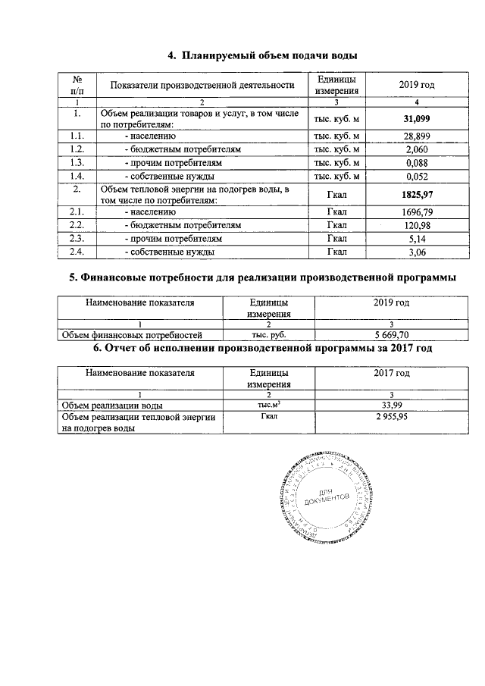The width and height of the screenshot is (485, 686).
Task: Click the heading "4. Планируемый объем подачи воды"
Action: click(x=262, y=55)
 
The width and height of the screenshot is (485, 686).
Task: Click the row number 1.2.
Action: click(x=76, y=149)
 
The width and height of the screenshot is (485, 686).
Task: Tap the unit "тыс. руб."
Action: click(x=268, y=334)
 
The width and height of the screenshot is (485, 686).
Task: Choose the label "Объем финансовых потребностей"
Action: click(x=131, y=334)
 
